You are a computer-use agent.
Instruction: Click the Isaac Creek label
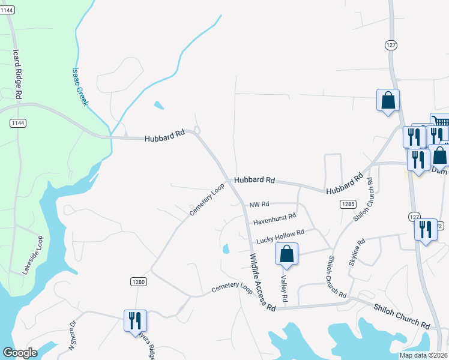tap(80, 86)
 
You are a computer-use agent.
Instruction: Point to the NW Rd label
tap(259, 205)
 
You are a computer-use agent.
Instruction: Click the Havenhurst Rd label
tap(274, 218)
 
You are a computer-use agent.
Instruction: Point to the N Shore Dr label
tap(73, 335)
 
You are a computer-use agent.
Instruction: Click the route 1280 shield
tap(138, 281)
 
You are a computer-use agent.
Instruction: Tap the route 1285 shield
tap(348, 205)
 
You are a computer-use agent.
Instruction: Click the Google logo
tap(20, 353)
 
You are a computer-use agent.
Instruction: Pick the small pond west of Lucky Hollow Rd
tap(226, 248)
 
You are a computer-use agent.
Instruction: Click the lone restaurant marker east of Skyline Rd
tap(426, 230)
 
